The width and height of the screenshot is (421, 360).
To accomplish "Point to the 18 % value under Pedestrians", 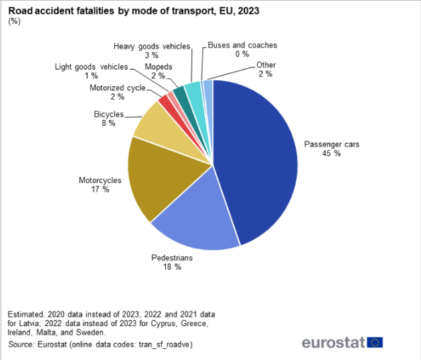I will [x=172, y=267].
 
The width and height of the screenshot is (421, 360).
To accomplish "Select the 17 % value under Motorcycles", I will [x=100, y=190].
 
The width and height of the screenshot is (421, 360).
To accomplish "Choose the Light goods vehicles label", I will [x=91, y=67].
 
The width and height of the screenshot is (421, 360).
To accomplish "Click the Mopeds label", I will [x=159, y=67].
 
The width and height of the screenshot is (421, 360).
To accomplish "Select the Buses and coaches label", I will [x=242, y=45].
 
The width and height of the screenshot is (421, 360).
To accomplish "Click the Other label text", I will [x=265, y=65].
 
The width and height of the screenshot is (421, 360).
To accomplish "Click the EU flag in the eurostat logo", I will [x=375, y=343].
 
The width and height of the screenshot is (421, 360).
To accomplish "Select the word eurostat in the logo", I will [x=333, y=343].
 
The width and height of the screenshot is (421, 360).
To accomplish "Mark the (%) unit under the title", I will [x=13, y=21].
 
